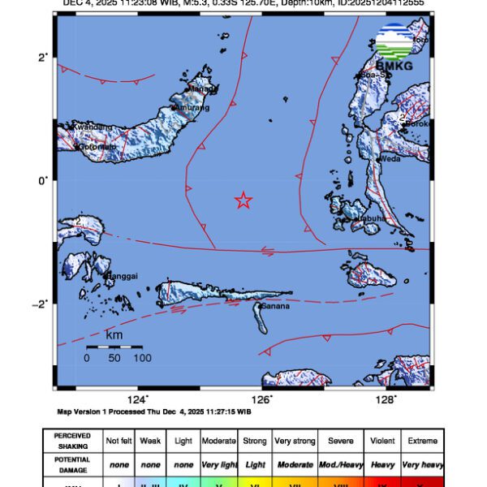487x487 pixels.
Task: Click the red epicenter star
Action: [243, 200]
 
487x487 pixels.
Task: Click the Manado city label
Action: [197, 90]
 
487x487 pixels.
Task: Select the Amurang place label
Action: [195, 107]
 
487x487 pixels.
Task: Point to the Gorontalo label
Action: [96, 147]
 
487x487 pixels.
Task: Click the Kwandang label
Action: [90, 127]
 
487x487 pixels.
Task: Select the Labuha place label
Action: [367, 218]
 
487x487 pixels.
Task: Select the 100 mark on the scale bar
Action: [142, 357]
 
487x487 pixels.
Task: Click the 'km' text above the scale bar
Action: [114, 334]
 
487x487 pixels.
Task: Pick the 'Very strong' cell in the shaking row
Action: [294, 441]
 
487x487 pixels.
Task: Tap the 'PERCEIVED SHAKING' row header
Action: [73, 441]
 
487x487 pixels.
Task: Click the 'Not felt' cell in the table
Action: [119, 441]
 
